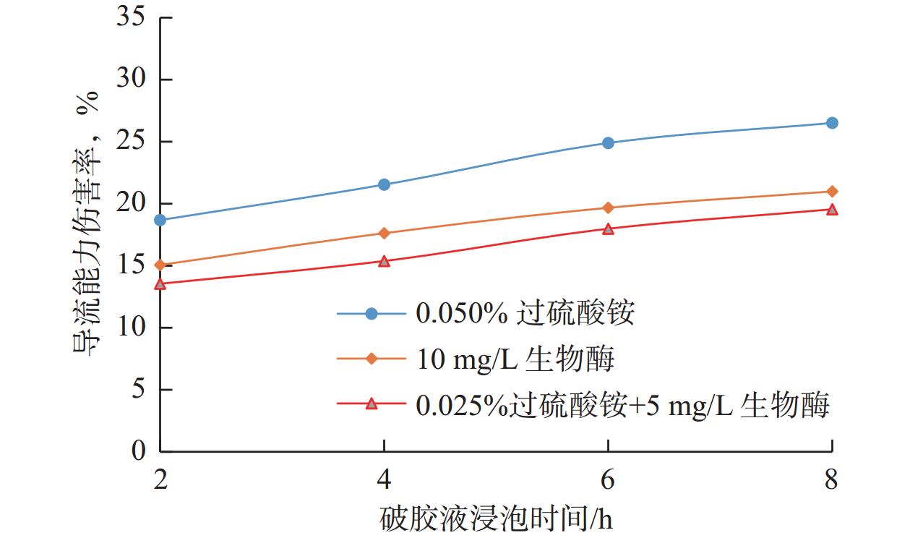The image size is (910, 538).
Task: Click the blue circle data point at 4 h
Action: pyautogui.click(x=384, y=184)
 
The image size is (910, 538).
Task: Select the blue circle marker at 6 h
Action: pyautogui.click(x=608, y=142)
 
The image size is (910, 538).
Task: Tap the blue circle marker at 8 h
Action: pyautogui.click(x=832, y=123)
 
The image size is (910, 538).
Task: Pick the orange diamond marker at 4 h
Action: pyautogui.click(x=384, y=233)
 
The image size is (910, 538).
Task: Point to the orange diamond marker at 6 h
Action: pyautogui.click(x=608, y=208)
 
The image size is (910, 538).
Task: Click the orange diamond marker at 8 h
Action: pyautogui.click(x=832, y=191)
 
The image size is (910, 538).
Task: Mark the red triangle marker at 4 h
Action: pyautogui.click(x=384, y=261)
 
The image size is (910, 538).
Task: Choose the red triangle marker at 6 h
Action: pyautogui.click(x=608, y=229)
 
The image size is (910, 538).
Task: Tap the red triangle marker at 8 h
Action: pyautogui.click(x=832, y=210)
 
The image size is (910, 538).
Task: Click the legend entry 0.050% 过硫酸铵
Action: pyautogui.click(x=525, y=313)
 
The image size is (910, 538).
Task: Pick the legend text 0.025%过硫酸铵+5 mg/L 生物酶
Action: pyautogui.click(x=622, y=405)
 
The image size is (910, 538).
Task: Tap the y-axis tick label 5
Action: pyautogui.click(x=140, y=390)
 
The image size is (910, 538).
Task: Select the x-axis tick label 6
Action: pyautogui.click(x=608, y=479)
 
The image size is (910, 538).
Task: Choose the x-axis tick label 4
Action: pyautogui.click(x=384, y=479)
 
